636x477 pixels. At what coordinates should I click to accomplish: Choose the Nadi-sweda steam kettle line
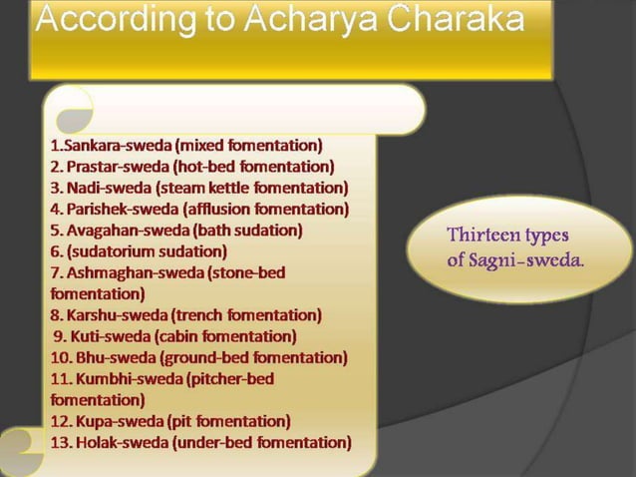pyautogui.click(x=199, y=188)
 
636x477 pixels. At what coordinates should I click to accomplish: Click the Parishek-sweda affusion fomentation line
pyautogui.click(x=199, y=209)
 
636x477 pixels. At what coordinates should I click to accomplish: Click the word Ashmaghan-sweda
pyautogui.click(x=124, y=271)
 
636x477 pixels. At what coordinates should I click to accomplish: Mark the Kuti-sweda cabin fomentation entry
pyautogui.click(x=175, y=335)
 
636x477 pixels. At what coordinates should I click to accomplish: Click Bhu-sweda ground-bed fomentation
pyautogui.click(x=198, y=357)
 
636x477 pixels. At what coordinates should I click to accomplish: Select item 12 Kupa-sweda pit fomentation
pyautogui.click(x=170, y=420)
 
